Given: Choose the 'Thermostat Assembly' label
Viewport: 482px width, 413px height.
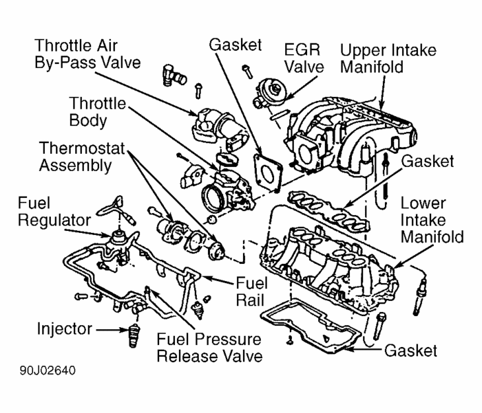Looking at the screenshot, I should click(74, 157).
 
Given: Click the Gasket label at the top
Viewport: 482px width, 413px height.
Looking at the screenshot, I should click(235, 45).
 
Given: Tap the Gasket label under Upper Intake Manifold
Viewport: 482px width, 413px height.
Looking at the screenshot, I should click(428, 161).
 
